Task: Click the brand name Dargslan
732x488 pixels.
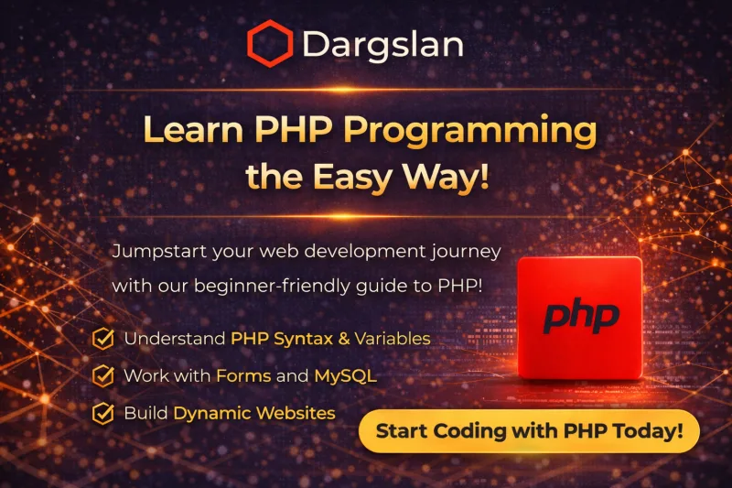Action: pos(382,44)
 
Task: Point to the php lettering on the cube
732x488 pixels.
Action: pos(580,316)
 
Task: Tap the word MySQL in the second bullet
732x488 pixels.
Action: pos(345,375)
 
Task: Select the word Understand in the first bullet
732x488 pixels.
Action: pos(175,339)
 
